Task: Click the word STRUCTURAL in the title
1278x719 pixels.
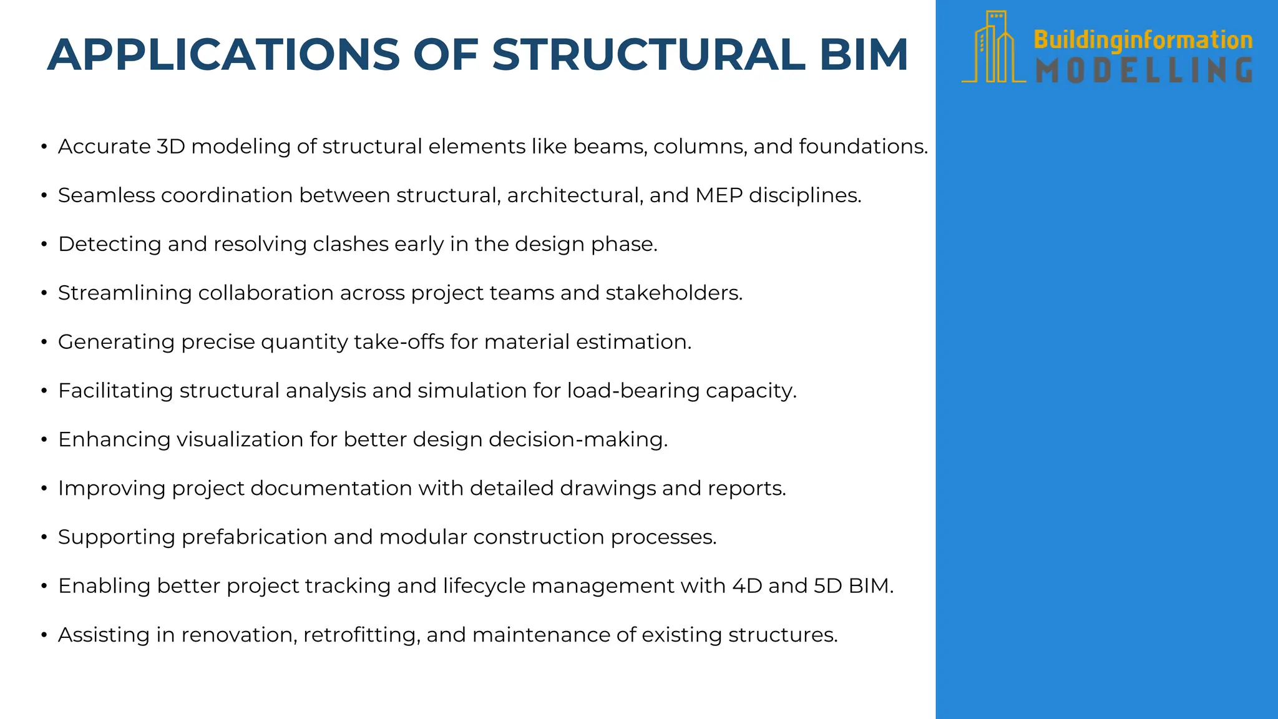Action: pyautogui.click(x=649, y=55)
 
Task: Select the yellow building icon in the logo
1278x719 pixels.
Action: pyautogui.click(x=995, y=47)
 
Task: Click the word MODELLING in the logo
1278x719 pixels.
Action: pyautogui.click(x=1144, y=71)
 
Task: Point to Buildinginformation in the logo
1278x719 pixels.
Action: pyautogui.click(x=1143, y=40)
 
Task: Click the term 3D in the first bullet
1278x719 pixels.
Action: pyautogui.click(x=170, y=146)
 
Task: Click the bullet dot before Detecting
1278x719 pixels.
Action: pyautogui.click(x=44, y=245)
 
